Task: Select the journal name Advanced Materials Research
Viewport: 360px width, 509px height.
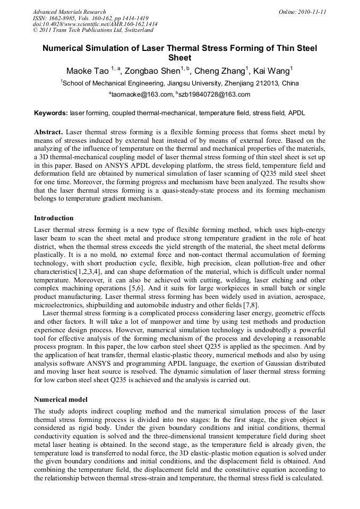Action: [70, 12]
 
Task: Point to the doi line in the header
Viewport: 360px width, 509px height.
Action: [95, 24]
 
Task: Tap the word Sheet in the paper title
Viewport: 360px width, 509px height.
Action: [179, 58]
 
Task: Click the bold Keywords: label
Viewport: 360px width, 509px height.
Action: [51, 114]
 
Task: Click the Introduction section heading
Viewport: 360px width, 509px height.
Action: [54, 218]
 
